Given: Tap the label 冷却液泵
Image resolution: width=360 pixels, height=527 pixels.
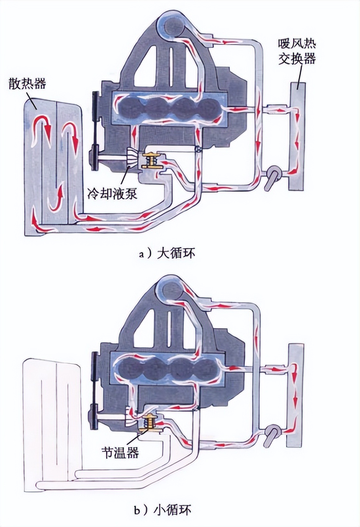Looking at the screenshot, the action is click(x=113, y=194).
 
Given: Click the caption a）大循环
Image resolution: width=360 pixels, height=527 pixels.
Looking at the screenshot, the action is click(x=167, y=254).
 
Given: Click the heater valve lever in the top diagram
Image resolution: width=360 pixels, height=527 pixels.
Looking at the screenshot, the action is click(x=271, y=177).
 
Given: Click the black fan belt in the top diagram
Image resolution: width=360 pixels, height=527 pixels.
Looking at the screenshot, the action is click(x=95, y=130).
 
